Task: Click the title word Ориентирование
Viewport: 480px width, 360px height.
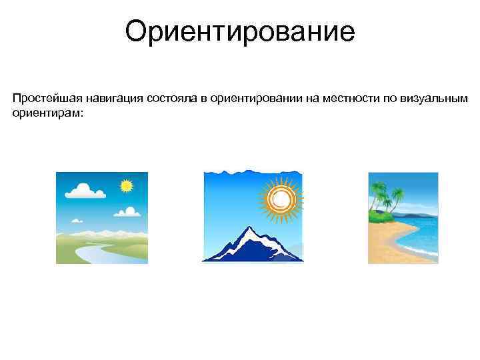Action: (x=240, y=32)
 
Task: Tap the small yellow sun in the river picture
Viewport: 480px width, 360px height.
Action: (x=126, y=186)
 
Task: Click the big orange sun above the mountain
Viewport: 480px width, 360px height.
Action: (x=280, y=197)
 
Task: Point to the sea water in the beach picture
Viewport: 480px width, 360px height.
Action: (x=423, y=233)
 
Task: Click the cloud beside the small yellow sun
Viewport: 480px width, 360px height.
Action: (x=127, y=212)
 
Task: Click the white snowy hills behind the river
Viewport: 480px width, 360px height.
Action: (x=100, y=233)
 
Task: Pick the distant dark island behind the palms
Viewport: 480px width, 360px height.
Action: (x=420, y=215)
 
